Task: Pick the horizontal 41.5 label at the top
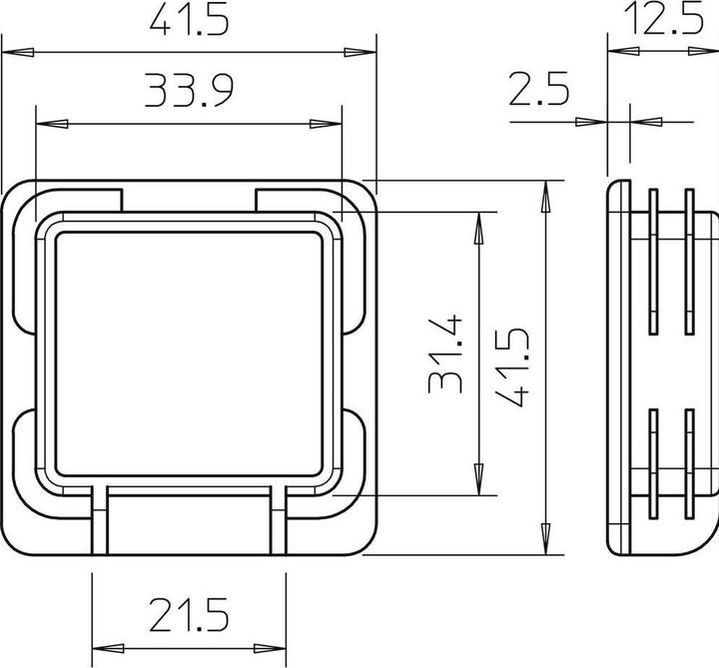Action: pos(190,20)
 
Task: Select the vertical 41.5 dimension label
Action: pos(512,364)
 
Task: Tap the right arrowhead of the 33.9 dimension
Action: pos(326,124)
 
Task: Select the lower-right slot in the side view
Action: pos(689,464)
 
